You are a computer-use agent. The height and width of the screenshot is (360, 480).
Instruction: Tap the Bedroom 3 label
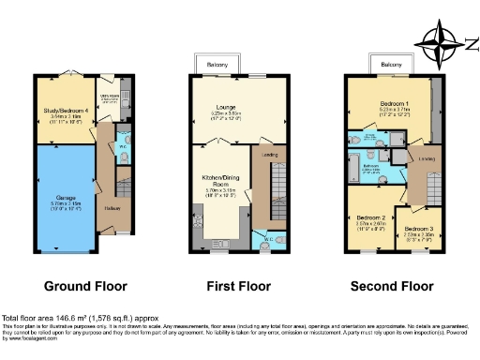click(x=419, y=231)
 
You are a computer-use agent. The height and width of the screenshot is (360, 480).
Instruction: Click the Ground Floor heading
click(x=85, y=286)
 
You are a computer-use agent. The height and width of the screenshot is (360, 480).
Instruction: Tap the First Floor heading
click(x=238, y=286)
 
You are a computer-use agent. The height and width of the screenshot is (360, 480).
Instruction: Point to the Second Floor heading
click(x=392, y=286)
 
